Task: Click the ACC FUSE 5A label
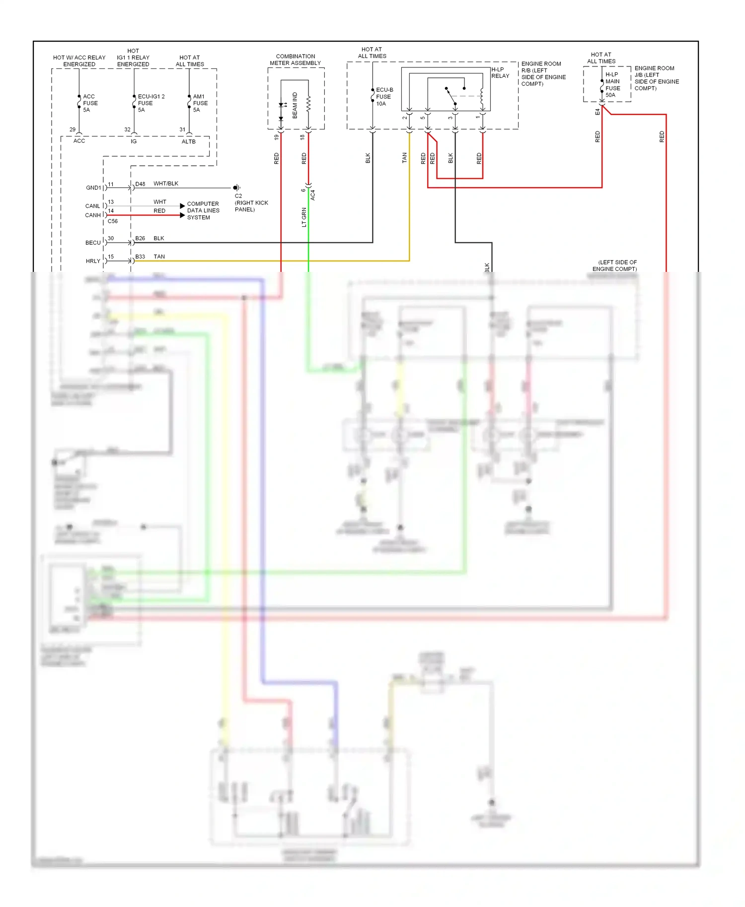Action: pyautogui.click(x=90, y=103)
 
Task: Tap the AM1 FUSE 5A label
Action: pyautogui.click(x=200, y=103)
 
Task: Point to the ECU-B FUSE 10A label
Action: pyautogui.click(x=384, y=97)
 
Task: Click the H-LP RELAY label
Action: pyautogui.click(x=500, y=73)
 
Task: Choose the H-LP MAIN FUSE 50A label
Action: pyautogui.click(x=612, y=85)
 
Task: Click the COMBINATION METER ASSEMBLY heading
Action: pyautogui.click(x=295, y=60)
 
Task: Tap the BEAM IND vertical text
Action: pyautogui.click(x=295, y=105)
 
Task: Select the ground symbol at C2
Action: pyautogui.click(x=236, y=188)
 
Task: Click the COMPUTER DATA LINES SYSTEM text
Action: pyautogui.click(x=203, y=210)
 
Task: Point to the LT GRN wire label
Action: pyautogui.click(x=304, y=217)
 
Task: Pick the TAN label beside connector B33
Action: pyautogui.click(x=159, y=257)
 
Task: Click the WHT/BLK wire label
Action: pyautogui.click(x=165, y=184)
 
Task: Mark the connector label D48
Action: pyautogui.click(x=140, y=184)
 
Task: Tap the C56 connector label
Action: pyautogui.click(x=113, y=221)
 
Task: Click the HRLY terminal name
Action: pyautogui.click(x=93, y=261)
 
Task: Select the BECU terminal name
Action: pyautogui.click(x=93, y=243)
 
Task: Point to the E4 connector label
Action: pyautogui.click(x=597, y=112)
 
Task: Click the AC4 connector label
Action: pyautogui.click(x=313, y=195)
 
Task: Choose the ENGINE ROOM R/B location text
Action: pyautogui.click(x=543, y=73)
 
